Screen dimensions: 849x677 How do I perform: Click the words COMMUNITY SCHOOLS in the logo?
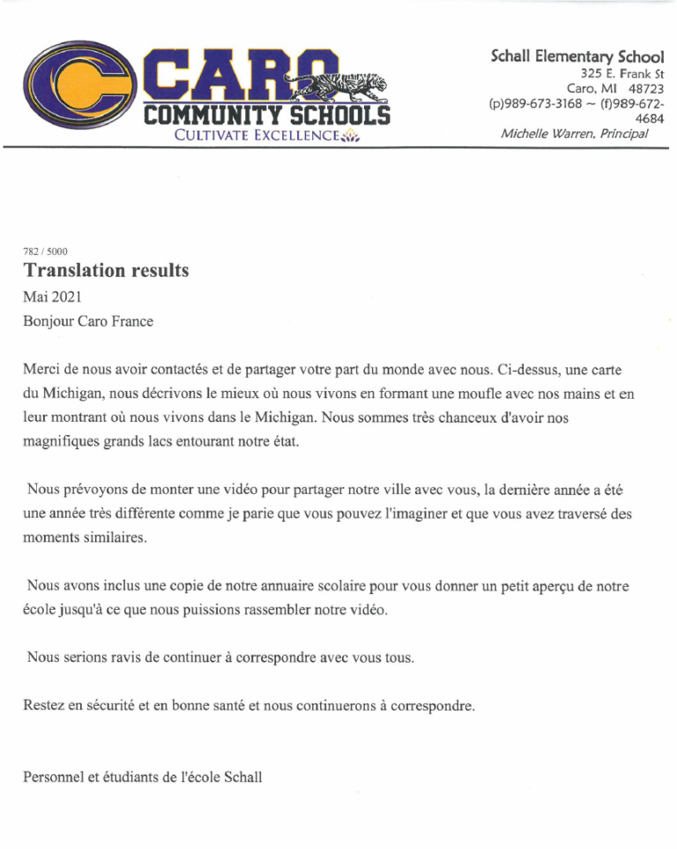tap(265, 116)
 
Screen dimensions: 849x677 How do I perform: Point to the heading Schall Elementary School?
tap(577, 56)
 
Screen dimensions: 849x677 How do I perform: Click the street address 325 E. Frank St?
tap(621, 74)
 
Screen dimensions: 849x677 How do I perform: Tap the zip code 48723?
tap(645, 89)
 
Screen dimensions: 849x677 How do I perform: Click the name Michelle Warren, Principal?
tap(574, 134)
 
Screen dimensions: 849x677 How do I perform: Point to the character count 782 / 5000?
tap(45, 252)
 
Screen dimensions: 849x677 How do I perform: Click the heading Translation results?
tap(106, 271)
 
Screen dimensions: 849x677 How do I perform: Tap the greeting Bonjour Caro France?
tap(88, 321)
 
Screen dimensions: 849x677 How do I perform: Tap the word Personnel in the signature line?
tap(56, 778)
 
